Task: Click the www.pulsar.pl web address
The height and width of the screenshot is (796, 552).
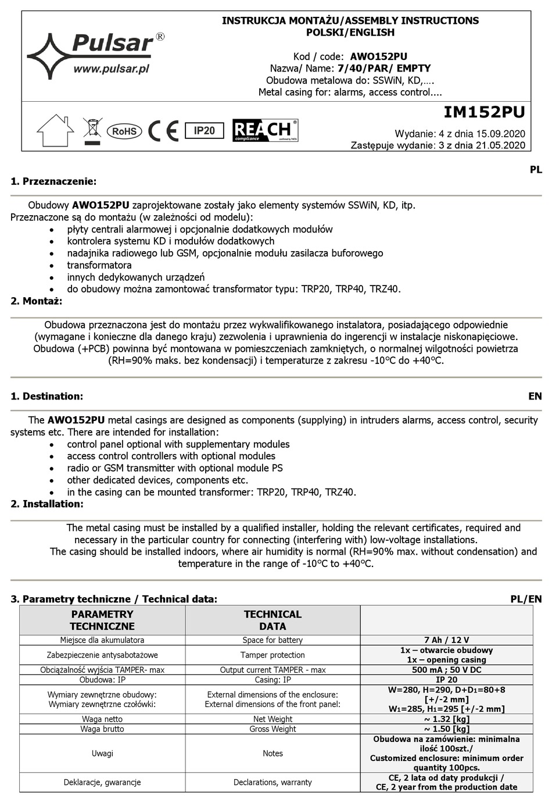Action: [x=112, y=69]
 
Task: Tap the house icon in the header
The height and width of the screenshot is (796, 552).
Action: [x=55, y=130]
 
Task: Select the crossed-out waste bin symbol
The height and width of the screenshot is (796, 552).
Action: [x=92, y=130]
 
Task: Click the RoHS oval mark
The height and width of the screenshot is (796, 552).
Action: [x=124, y=131]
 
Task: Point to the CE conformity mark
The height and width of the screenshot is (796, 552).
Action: [x=163, y=131]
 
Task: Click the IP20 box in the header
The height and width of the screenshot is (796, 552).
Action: [x=204, y=131]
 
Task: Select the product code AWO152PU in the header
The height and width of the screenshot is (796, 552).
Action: [x=378, y=56]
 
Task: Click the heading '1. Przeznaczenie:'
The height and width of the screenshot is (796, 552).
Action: [x=53, y=181]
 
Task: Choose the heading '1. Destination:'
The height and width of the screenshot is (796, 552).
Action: [x=47, y=397]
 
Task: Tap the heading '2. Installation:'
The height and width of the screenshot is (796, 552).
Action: [x=47, y=504]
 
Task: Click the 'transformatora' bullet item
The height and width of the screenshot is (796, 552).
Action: [x=99, y=265]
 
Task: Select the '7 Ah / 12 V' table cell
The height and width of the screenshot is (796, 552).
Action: [x=446, y=640]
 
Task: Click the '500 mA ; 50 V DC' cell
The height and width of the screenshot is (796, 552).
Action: [x=446, y=670]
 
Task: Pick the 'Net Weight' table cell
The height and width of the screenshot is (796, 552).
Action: [x=273, y=719]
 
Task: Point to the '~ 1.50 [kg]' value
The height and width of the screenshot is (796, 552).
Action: [x=446, y=729]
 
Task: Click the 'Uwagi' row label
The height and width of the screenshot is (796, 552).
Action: [x=102, y=754]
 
